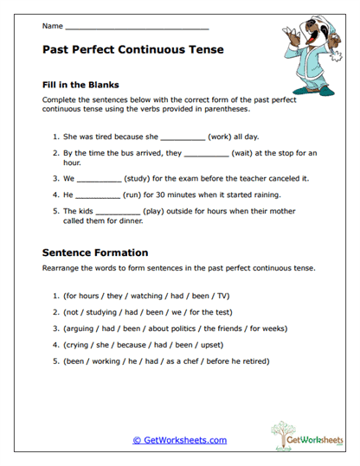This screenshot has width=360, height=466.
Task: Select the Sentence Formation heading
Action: coord(95,252)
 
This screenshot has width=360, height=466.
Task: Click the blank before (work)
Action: coord(183,137)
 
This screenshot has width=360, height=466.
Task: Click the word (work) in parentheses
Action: coord(221,137)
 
